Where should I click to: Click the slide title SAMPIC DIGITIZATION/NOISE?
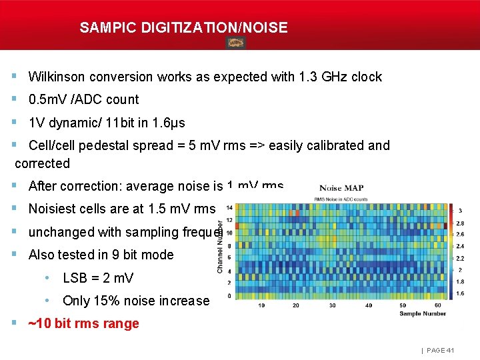tap(183, 28)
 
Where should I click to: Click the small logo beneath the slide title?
tap(235, 43)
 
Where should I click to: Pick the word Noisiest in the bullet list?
tap(53, 209)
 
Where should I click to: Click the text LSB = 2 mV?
tap(98, 278)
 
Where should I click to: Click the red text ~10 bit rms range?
tap(83, 324)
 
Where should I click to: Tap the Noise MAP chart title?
tap(341, 188)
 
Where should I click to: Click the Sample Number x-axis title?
tap(423, 312)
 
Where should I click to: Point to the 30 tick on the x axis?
tap(332, 305)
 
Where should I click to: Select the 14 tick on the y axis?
tap(229, 207)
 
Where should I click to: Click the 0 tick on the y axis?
tap(230, 295)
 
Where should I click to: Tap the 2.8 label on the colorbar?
tap(461, 223)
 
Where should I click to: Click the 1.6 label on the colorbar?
tap(461, 293)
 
